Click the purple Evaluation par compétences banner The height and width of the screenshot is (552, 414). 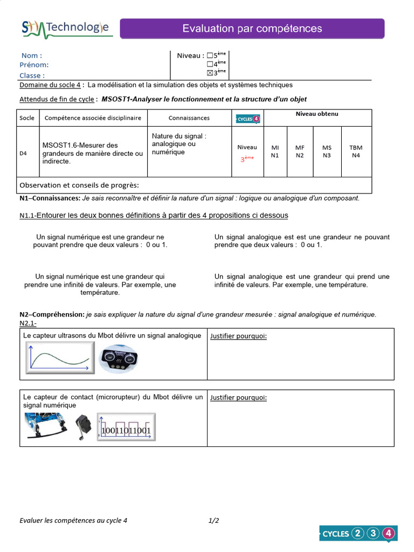(x=252, y=29)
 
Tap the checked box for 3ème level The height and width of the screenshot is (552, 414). (x=210, y=73)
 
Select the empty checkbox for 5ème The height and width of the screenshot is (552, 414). (x=210, y=55)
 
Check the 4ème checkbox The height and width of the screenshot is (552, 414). (x=210, y=64)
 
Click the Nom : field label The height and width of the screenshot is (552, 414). (x=31, y=56)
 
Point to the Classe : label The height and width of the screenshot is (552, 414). (x=32, y=75)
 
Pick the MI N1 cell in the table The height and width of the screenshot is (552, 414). (x=275, y=151)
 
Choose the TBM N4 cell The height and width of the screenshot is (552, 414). (x=356, y=151)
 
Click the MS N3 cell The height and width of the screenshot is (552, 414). (x=327, y=151)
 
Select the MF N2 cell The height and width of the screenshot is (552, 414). (x=300, y=151)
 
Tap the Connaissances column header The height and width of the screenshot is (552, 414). (x=189, y=118)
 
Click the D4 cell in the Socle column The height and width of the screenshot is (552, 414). (x=23, y=153)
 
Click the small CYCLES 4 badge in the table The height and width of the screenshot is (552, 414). (x=248, y=119)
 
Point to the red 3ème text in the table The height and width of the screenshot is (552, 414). (x=247, y=160)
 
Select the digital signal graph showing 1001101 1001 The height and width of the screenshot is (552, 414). (x=127, y=427)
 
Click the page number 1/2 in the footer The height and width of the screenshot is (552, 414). (x=213, y=521)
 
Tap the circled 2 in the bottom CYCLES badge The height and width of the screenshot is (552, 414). (x=357, y=534)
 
